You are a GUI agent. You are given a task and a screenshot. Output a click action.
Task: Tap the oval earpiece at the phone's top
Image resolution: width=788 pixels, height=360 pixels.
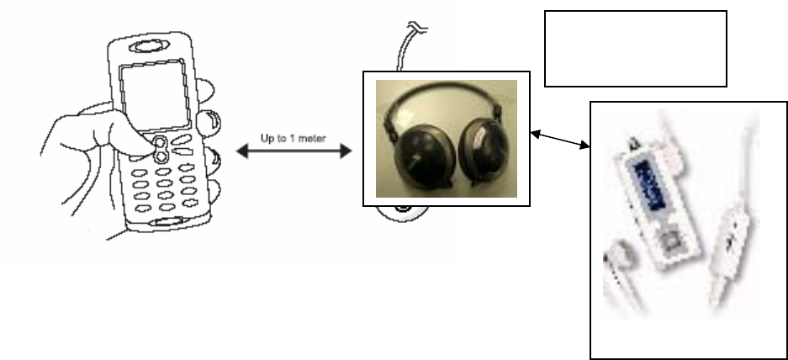pyautogui.click(x=156, y=43)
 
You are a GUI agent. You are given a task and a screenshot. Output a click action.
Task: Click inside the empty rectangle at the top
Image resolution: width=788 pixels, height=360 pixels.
pyautogui.click(x=635, y=48)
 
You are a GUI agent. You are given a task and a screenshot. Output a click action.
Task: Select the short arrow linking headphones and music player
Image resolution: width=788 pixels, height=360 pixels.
pyautogui.click(x=560, y=140)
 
